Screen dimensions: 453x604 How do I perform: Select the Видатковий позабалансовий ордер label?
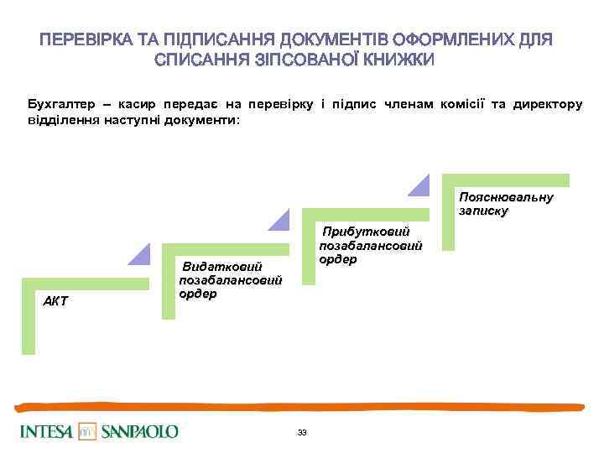[x=230, y=280]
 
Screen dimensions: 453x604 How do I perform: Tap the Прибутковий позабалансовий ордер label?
[x=370, y=244]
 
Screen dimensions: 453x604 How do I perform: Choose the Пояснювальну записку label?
[x=505, y=204]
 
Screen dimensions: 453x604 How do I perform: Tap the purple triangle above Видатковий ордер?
[x=281, y=219]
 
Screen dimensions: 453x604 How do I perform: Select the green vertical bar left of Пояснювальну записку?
[x=449, y=218]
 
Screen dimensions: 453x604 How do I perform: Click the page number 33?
[x=302, y=433]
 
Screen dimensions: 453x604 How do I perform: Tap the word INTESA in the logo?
[x=47, y=432]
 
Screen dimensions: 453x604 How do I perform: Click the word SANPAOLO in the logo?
[x=140, y=432]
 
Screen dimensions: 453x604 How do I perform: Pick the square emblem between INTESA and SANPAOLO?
[x=88, y=432]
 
